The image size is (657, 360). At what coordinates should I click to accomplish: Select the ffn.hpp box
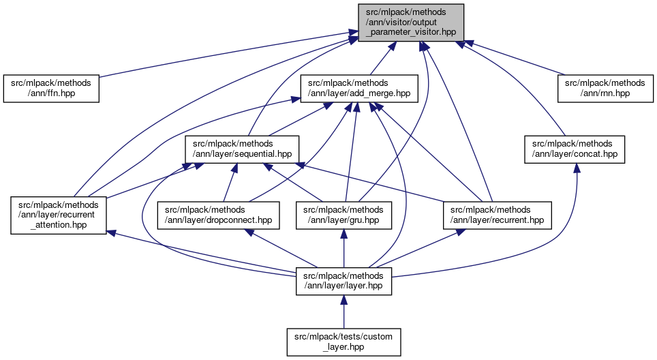[x=51, y=89]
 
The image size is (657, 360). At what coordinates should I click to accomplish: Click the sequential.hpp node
[x=243, y=149]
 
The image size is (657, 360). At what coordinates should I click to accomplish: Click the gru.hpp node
[x=343, y=215]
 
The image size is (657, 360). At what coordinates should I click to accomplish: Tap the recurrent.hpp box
[x=497, y=215]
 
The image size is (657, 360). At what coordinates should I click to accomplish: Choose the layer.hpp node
[x=343, y=280]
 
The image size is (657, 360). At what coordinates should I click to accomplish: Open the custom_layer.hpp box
[x=343, y=342]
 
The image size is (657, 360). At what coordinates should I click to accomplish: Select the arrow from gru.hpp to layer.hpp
[x=343, y=249]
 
